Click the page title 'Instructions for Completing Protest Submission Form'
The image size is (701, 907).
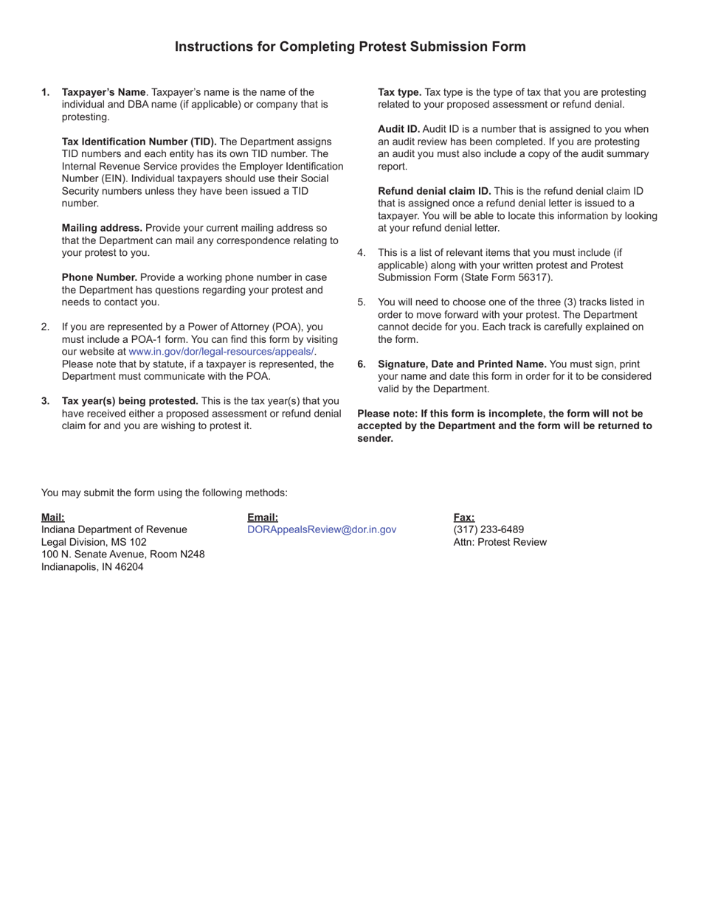point(350,47)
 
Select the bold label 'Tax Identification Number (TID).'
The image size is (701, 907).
point(139,142)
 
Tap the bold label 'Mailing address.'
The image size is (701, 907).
point(102,228)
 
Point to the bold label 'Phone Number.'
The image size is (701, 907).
point(100,277)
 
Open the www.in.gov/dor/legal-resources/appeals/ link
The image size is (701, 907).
point(221,352)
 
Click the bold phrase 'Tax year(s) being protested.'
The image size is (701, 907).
point(130,401)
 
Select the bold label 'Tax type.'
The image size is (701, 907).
point(399,92)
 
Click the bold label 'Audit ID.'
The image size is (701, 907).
point(398,129)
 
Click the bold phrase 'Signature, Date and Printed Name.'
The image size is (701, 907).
point(462,364)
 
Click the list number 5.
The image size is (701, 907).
point(362,302)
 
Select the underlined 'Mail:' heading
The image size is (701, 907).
point(53,518)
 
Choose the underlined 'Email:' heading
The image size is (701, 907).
point(263,518)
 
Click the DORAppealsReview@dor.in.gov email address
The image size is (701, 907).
point(322,529)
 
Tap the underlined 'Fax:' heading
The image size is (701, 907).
point(464,518)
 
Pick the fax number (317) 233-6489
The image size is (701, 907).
point(488,529)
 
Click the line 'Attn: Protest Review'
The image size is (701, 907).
point(500,542)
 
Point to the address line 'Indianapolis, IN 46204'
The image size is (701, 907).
point(92,567)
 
